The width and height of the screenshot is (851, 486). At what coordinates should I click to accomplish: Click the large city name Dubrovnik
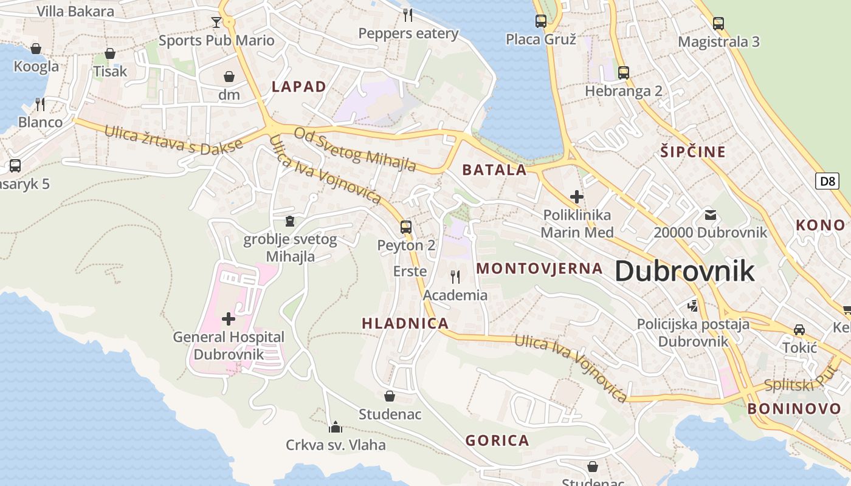point(685,271)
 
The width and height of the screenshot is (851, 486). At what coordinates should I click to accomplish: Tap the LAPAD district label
point(299,86)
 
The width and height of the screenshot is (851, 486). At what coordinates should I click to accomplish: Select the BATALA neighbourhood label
point(494,170)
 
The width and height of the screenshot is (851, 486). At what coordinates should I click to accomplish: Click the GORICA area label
point(497,440)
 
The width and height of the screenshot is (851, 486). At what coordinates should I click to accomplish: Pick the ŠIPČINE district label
point(693,152)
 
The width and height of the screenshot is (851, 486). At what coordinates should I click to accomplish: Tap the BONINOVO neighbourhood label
point(794,409)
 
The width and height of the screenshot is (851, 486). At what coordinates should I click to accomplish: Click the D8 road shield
point(827,180)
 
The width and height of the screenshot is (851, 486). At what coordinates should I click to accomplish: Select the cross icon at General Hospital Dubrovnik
point(229,318)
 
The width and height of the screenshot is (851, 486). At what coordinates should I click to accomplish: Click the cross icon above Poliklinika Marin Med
point(577,197)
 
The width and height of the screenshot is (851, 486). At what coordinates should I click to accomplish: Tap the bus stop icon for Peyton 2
point(406,227)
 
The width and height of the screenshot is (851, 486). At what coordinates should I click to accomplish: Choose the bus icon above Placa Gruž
point(540,21)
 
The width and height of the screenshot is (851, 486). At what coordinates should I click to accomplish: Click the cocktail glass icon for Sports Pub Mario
point(216,22)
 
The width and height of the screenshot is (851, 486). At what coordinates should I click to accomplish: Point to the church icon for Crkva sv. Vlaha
point(336,427)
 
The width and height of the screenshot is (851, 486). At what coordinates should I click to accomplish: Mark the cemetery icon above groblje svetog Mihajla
point(290,221)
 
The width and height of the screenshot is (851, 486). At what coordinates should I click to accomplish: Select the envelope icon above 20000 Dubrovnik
point(710,214)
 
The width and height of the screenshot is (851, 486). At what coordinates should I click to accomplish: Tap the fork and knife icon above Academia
point(455,277)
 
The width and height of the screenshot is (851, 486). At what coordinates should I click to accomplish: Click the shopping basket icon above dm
point(229,77)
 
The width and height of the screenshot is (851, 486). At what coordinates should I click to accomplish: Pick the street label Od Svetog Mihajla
point(355,149)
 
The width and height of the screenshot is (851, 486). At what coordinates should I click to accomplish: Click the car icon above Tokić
point(799,330)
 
